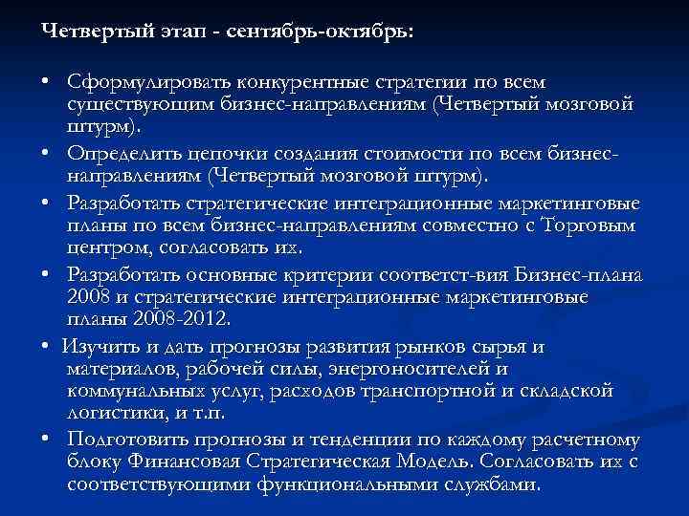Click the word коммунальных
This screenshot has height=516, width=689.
134,391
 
